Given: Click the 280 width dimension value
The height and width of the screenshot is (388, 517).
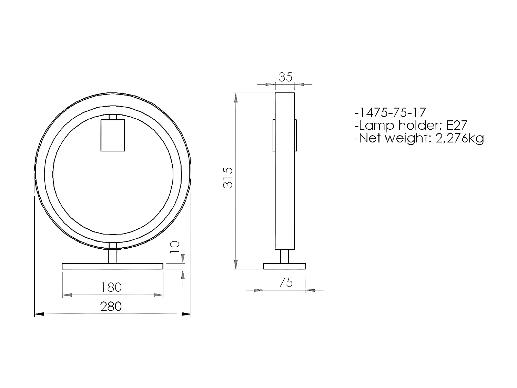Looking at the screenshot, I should click(111, 306).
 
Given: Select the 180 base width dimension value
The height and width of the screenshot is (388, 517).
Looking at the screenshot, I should click(111, 287).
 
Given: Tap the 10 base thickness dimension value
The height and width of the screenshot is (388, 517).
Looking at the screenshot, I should click(175, 247).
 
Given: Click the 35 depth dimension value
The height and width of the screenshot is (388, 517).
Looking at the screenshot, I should click(285, 77).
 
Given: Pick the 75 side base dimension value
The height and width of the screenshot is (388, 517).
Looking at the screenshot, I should click(286, 283).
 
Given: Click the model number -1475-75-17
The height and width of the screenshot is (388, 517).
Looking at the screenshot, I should click(390, 112).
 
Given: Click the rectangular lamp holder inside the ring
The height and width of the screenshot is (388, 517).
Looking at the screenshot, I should click(112, 135).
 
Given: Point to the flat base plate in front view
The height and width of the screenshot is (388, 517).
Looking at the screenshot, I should click(112, 266).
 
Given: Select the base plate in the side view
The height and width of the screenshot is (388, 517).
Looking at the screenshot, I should click(285, 266).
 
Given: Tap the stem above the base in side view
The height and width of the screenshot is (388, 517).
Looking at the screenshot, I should click(285, 256).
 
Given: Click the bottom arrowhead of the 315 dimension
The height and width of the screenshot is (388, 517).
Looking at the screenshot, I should click(235, 264).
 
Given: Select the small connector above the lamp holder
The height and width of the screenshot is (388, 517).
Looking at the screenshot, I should click(112, 117).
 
